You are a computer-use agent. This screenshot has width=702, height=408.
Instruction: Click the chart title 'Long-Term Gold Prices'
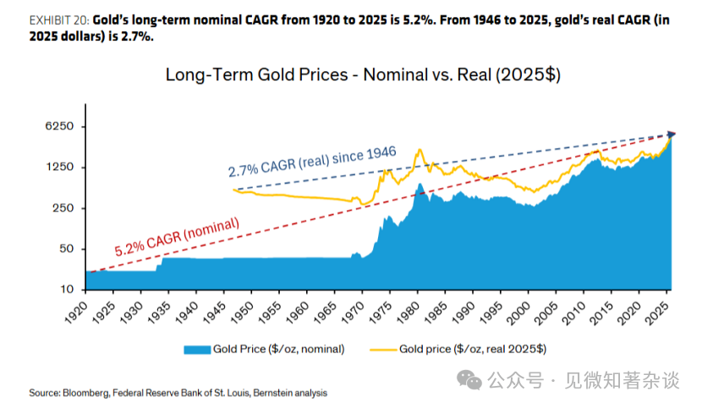point(256,74)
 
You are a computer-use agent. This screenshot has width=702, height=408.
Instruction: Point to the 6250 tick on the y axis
point(59,126)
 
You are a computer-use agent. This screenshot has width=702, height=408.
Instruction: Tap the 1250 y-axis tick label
point(59,167)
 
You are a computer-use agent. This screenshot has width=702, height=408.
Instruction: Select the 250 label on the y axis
point(63,207)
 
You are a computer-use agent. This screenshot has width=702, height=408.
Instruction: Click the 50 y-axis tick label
point(67,249)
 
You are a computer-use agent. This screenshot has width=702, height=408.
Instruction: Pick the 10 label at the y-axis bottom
point(67,289)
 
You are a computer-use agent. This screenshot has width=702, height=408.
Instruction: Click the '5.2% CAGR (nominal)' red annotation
point(177,237)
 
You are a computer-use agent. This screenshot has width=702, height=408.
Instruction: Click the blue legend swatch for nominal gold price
point(197,350)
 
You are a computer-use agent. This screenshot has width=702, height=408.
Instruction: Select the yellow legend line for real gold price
point(383,350)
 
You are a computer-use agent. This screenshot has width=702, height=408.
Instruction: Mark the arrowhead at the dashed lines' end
point(672,134)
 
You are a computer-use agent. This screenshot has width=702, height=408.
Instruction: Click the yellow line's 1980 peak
point(420,150)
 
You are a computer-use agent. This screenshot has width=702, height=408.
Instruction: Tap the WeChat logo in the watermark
point(469,381)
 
